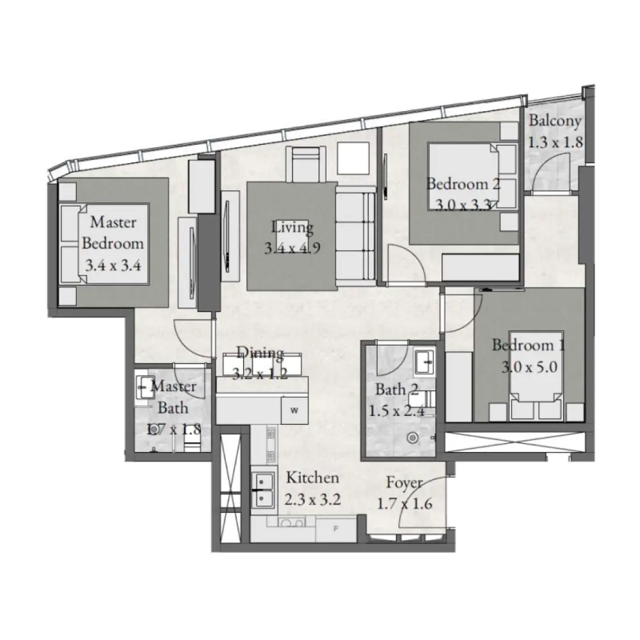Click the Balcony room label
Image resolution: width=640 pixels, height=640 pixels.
(x=554, y=121)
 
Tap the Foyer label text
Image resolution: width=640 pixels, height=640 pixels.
(x=405, y=483)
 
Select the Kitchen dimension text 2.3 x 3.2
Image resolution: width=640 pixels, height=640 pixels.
(x=312, y=499)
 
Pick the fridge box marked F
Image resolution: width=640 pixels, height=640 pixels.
(x=335, y=529)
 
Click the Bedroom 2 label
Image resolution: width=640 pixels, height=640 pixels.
(x=463, y=184)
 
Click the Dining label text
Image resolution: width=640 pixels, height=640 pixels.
(x=260, y=353)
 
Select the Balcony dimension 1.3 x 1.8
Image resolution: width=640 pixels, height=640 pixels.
(x=555, y=143)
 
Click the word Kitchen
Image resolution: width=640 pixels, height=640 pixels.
(x=312, y=478)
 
